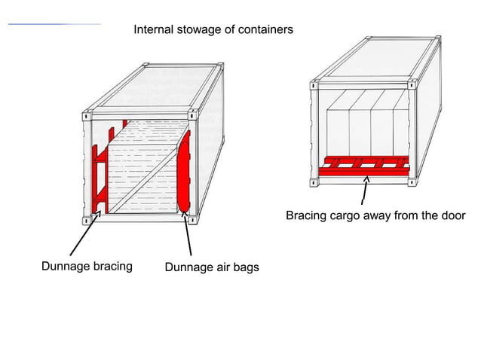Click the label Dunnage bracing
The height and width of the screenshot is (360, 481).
[86, 266]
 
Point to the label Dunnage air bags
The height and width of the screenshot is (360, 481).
[211, 267]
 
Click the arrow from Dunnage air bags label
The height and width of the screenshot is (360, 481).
[188, 237]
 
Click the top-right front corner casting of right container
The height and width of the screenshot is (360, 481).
[412, 85]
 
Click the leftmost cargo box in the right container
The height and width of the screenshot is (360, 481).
[337, 128]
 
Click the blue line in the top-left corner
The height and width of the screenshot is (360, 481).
[53, 25]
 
